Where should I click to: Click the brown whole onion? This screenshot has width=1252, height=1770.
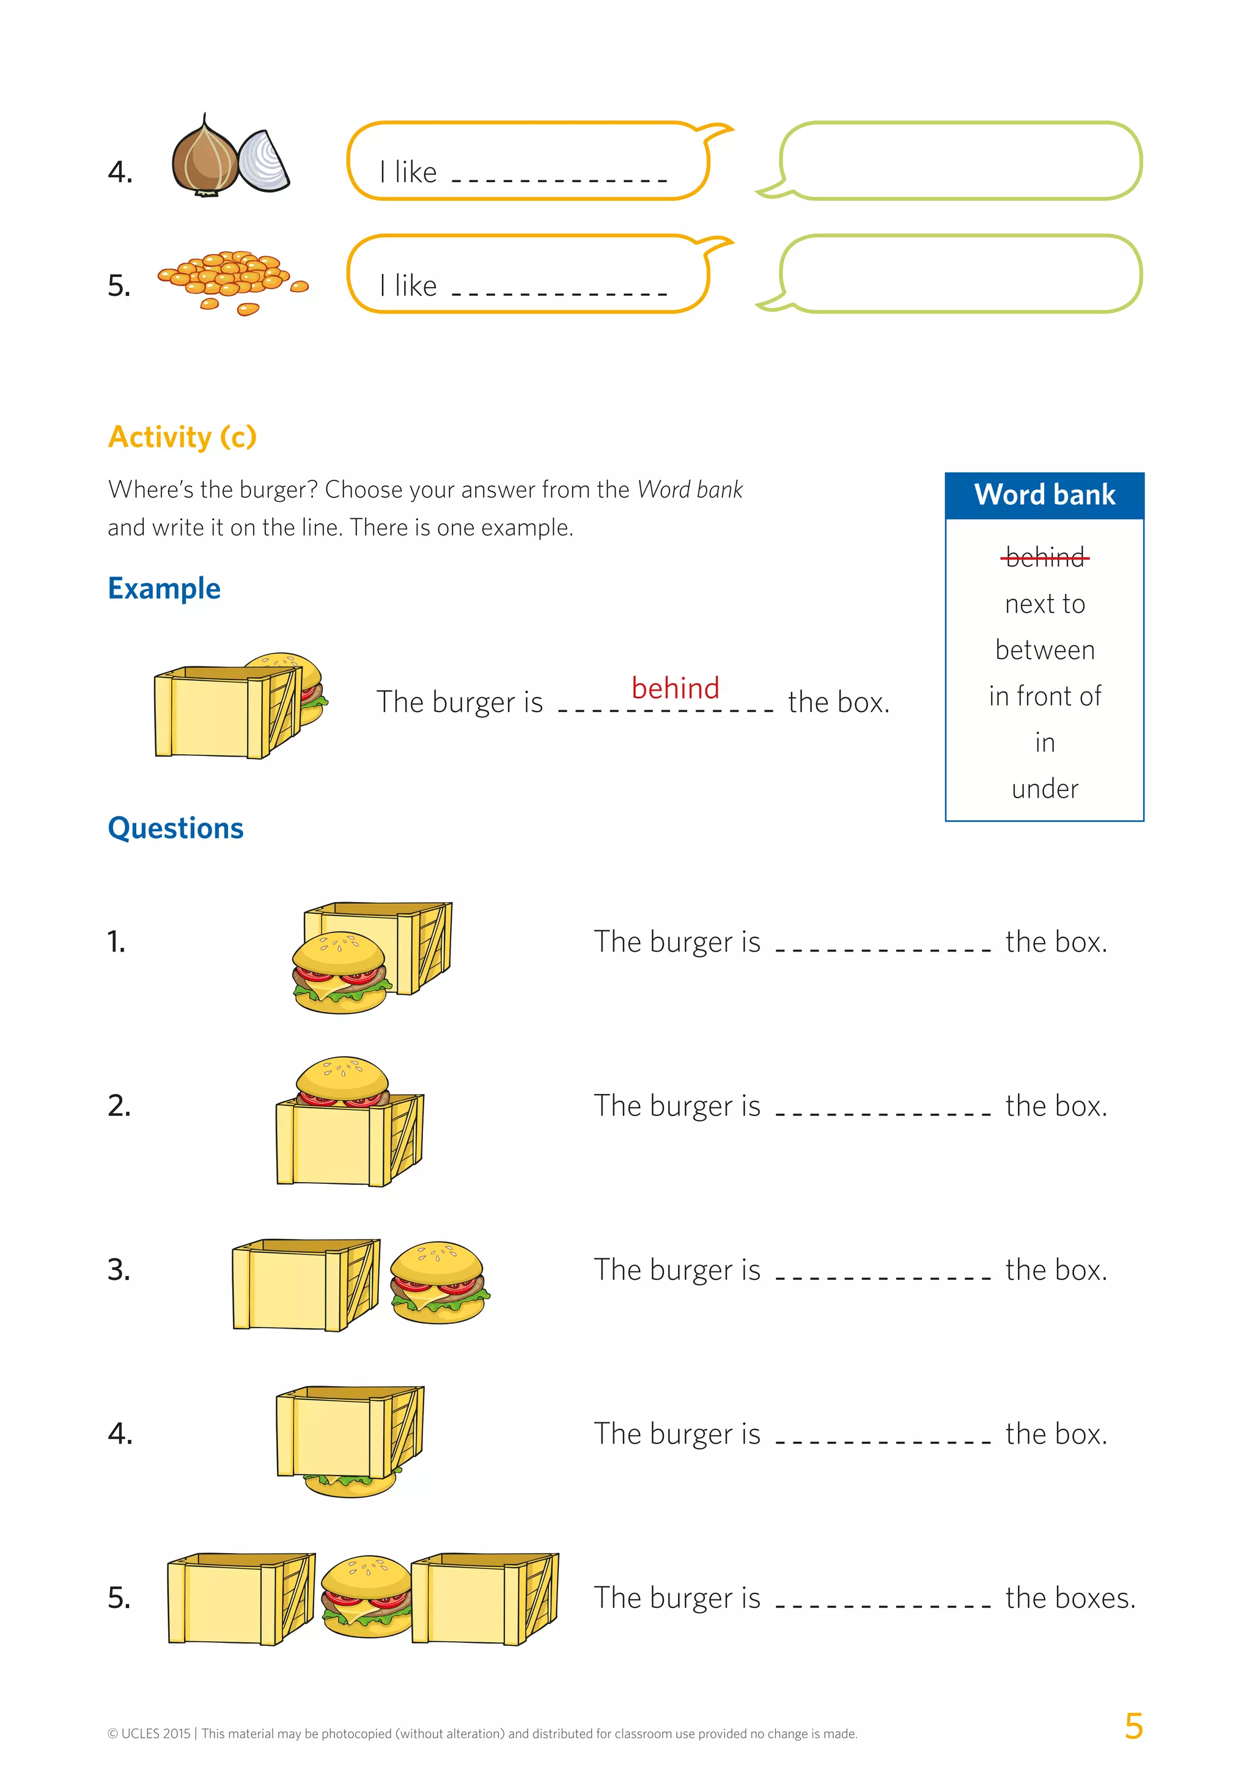(205, 159)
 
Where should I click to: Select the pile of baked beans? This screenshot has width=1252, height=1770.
(227, 277)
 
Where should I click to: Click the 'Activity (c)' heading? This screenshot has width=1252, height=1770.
(182, 437)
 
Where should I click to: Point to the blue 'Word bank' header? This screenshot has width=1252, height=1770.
(1044, 495)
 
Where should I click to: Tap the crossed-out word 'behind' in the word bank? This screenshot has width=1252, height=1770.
(1045, 557)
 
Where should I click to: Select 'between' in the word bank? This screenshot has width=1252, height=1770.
(1045, 650)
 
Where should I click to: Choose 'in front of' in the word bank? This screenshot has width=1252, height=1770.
(1045, 696)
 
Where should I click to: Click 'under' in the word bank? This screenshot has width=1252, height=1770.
(1045, 788)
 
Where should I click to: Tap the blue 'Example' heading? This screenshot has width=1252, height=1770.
(164, 588)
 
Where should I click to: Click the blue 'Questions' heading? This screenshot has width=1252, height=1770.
(176, 828)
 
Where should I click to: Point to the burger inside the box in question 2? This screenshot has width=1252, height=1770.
(342, 1079)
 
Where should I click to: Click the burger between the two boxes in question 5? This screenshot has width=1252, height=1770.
(367, 1596)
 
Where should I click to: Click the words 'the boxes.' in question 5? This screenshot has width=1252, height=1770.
(1070, 1598)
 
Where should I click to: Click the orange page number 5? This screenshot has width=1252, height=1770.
(1133, 1726)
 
